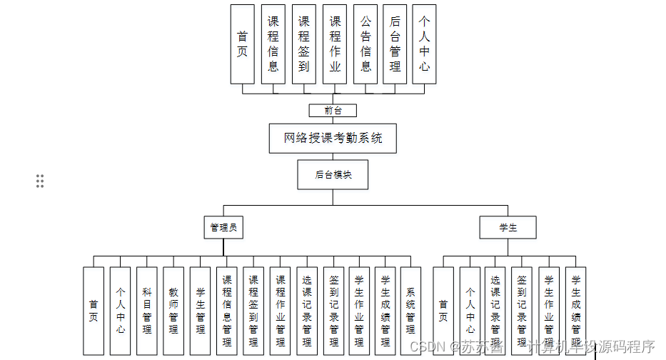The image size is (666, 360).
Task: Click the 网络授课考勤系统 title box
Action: pos(333,138)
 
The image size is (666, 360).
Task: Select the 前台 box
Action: pos(333,111)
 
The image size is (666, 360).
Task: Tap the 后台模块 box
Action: pos(333,174)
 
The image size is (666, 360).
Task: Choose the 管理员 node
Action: pos(223,228)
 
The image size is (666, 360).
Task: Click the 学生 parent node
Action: pos(508,228)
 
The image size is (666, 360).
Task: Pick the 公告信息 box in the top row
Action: pos(365,44)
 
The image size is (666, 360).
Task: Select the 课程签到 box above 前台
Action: pos(303,44)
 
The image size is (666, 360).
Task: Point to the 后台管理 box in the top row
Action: pos(395,44)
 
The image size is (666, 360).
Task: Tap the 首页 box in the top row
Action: pos(242,44)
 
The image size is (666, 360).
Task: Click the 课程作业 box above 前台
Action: pos(334,44)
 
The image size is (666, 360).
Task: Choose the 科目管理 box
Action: pos(147,311)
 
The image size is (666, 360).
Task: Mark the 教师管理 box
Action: pos(173,311)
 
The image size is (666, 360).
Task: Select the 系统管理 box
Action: pos(410,311)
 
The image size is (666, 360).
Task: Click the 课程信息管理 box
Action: pos(227,311)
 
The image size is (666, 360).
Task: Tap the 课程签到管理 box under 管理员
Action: pos(253,311)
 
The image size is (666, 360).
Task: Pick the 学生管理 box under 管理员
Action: pos(201,311)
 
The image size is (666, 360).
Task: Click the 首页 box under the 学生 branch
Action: pos(443,311)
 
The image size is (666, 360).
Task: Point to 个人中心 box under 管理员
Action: pos(121,311)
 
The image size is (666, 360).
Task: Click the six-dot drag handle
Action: pos(40,181)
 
